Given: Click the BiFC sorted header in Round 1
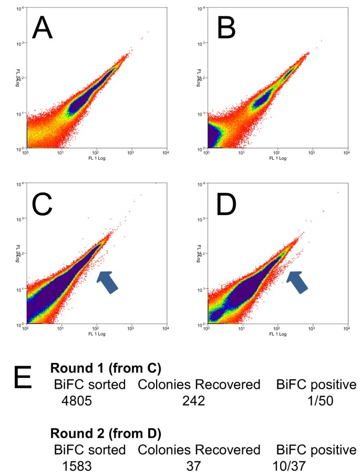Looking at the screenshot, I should (x=89, y=384).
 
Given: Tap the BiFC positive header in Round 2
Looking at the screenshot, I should (x=316, y=450).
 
